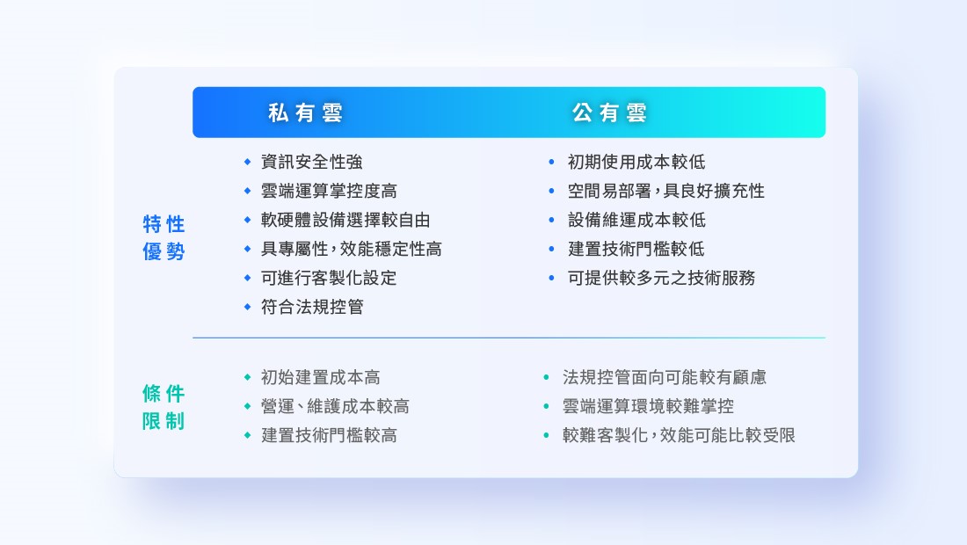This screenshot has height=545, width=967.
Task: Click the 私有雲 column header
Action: pyautogui.click(x=305, y=113)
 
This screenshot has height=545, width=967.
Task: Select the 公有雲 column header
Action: pyautogui.click(x=609, y=113)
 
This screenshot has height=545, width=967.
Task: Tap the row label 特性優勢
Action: pyautogui.click(x=164, y=237)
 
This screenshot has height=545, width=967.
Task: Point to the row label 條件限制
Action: pyautogui.click(x=164, y=407)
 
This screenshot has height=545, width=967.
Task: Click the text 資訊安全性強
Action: pyautogui.click(x=311, y=162)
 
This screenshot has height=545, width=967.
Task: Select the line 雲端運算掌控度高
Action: pyautogui.click(x=329, y=191)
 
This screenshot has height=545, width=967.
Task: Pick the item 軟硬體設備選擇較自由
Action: pyautogui.click(x=345, y=220)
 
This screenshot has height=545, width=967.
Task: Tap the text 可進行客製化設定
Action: pyautogui.click(x=329, y=278)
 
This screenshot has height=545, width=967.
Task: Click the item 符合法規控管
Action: pyautogui.click(x=312, y=307)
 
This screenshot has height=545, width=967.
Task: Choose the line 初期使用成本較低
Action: pyautogui.click(x=636, y=162)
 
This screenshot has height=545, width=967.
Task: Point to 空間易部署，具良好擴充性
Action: pyautogui.click(x=666, y=191)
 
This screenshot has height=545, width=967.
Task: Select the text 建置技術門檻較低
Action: pyautogui.click(x=636, y=249)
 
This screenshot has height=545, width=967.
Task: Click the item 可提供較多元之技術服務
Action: pyautogui.click(x=661, y=278)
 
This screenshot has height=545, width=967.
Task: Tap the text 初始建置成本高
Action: pyautogui.click(x=320, y=377)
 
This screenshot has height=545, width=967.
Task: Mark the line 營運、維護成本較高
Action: pyautogui.click(x=335, y=406)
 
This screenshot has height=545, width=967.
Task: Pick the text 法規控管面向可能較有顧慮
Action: pyautogui.click(x=665, y=377)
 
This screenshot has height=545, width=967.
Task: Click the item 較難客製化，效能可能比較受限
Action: pyautogui.click(x=679, y=435)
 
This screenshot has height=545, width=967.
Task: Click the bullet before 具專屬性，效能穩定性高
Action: pyautogui.click(x=247, y=249)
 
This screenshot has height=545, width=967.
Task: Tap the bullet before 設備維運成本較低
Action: pyautogui.click(x=551, y=220)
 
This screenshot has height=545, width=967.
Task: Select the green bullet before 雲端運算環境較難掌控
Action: pyautogui.click(x=546, y=406)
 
